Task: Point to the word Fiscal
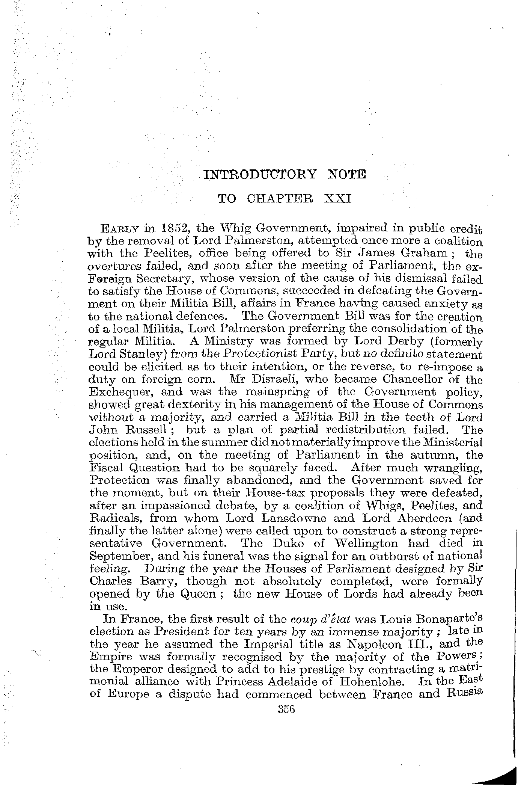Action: pos(106,468)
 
